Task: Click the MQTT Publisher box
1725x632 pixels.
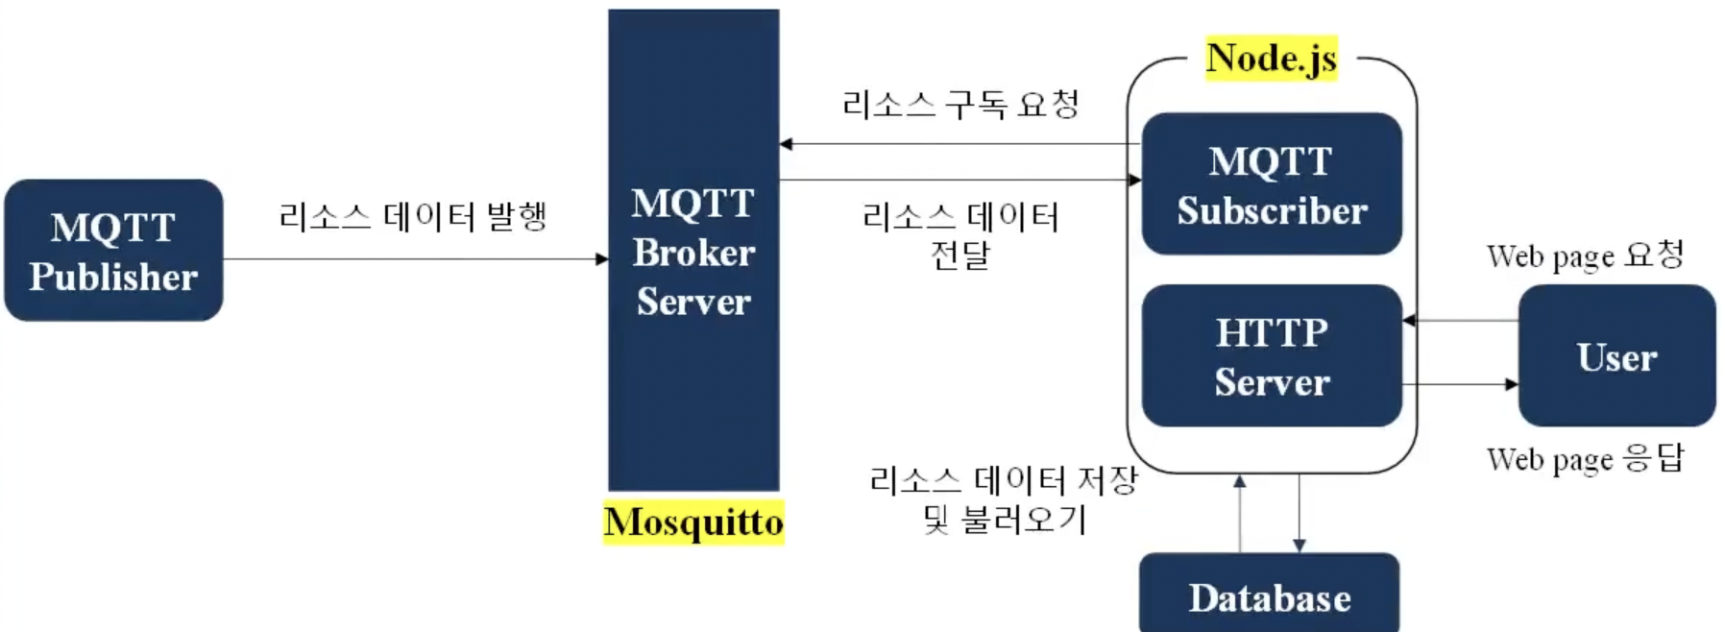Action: click(x=113, y=251)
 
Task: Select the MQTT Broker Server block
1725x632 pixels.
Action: click(x=693, y=251)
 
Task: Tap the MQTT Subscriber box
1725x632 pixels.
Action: click(x=1272, y=184)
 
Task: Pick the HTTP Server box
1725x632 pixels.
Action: click(x=1272, y=356)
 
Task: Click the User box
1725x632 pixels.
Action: click(x=1616, y=356)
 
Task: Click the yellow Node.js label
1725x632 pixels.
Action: click(x=1271, y=59)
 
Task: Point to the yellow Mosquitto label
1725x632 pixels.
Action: click(x=693, y=523)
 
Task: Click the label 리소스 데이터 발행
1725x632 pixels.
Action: click(x=413, y=216)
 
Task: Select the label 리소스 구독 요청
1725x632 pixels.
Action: click(x=960, y=104)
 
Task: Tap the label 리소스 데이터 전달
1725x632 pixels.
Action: click(x=960, y=235)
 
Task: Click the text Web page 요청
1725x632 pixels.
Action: click(x=1585, y=255)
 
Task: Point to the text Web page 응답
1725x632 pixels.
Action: click(x=1585, y=459)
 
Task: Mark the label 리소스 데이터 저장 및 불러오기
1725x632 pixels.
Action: click(x=1004, y=499)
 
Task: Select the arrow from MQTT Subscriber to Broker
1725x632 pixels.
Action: click(x=960, y=144)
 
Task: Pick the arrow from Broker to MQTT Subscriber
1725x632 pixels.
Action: click(x=960, y=180)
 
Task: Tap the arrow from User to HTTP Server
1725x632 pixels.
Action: click(x=1460, y=320)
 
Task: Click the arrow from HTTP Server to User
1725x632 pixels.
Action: click(x=1460, y=384)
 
